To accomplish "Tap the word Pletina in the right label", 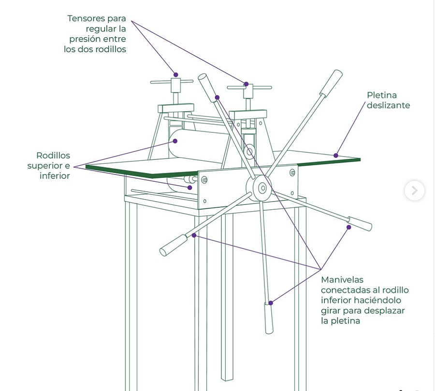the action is pyautogui.click(x=382, y=95).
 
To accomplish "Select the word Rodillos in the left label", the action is pyautogui.click(x=53, y=156).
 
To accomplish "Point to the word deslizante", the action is pyautogui.click(x=389, y=105).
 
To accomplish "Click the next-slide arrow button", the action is pyautogui.click(x=415, y=190).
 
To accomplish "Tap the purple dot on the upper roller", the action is pyautogui.click(x=175, y=141).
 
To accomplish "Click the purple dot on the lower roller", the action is pyautogui.click(x=190, y=188).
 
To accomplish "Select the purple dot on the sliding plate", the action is pyautogui.click(x=336, y=156).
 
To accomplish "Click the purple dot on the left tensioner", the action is pyautogui.click(x=175, y=74).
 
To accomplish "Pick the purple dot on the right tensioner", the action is pyautogui.click(x=246, y=84).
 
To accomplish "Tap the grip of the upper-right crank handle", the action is pyautogui.click(x=331, y=83).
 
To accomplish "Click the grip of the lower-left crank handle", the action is pyautogui.click(x=174, y=246).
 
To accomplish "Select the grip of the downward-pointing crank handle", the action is pyautogui.click(x=269, y=318).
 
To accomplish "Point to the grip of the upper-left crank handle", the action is pyautogui.click(x=207, y=87).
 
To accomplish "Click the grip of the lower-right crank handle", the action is pyautogui.click(x=360, y=224).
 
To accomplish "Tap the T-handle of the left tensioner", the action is pyautogui.click(x=172, y=82).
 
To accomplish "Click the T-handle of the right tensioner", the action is pyautogui.click(x=249, y=87).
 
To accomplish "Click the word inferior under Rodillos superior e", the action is pyautogui.click(x=55, y=176).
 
